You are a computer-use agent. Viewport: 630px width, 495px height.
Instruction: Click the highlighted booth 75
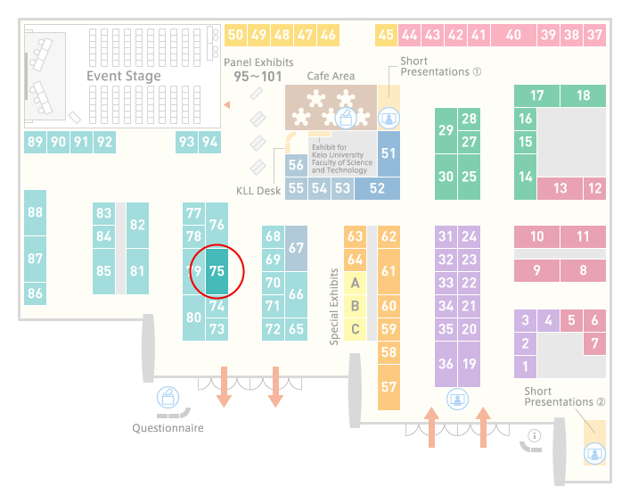(217, 271)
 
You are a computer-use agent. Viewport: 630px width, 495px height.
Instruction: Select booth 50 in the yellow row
(235, 35)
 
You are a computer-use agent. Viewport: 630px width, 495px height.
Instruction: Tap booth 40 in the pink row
(513, 35)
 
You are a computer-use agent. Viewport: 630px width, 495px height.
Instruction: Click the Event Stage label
(124, 76)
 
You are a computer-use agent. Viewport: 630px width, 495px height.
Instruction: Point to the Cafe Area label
(331, 76)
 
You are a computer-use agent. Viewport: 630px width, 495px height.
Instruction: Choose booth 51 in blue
(389, 153)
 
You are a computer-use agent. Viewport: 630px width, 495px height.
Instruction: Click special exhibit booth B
(356, 306)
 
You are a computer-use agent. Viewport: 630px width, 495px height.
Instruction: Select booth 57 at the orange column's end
(389, 387)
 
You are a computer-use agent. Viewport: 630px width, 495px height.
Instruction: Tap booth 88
(35, 212)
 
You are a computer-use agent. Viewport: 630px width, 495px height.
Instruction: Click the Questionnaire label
(168, 428)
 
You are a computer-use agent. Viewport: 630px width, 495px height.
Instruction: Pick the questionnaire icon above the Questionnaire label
(168, 397)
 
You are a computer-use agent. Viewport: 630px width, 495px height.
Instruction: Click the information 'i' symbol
(535, 435)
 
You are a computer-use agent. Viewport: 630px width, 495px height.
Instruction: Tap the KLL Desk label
(258, 191)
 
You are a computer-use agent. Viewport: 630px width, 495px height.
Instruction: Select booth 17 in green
(536, 95)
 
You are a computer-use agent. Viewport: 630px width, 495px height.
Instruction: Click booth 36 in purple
(446, 364)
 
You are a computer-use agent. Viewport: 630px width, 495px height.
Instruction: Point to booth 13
(560, 188)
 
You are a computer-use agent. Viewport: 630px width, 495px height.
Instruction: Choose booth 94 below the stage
(209, 142)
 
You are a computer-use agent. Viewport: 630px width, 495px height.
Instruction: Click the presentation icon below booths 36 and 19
(457, 400)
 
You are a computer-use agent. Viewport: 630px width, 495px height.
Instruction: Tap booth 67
(296, 248)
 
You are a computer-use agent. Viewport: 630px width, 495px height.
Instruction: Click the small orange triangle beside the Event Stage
(226, 104)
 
